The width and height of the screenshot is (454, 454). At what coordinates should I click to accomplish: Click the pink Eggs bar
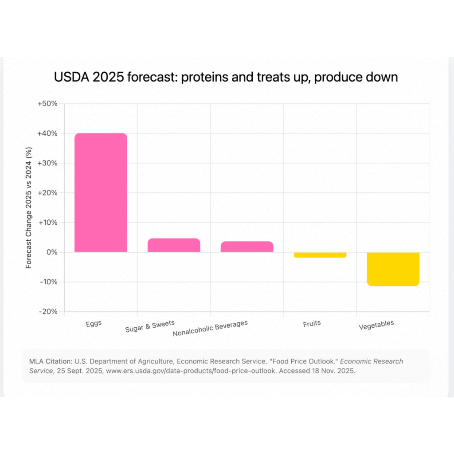click(101, 193)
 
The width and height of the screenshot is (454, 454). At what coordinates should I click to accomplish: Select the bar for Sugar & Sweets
click(174, 245)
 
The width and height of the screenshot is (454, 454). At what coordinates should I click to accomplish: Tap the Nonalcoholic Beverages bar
click(247, 247)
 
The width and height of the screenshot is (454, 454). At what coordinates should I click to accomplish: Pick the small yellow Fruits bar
click(320, 255)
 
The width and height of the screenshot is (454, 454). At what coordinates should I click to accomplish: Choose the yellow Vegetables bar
click(393, 269)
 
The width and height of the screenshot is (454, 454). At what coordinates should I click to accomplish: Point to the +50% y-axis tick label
click(48, 104)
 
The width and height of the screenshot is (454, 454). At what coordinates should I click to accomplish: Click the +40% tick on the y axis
click(48, 133)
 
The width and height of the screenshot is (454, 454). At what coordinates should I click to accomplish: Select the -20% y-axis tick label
click(49, 312)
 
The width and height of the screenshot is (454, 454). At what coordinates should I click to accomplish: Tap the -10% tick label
click(49, 282)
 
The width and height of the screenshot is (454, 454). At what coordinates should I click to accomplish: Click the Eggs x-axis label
click(94, 323)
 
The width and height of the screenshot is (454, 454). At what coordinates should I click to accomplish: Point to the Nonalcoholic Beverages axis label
click(210, 328)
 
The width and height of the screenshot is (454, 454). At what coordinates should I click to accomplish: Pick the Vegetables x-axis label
click(376, 325)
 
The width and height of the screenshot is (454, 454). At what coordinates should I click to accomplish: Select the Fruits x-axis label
click(312, 324)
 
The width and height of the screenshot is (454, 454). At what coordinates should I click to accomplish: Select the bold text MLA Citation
click(50, 361)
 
